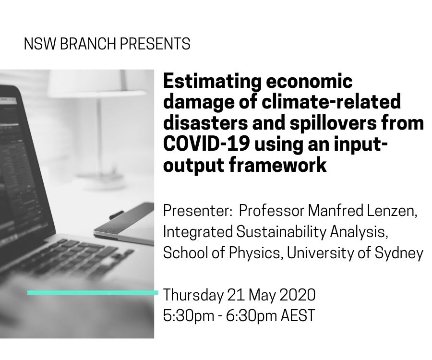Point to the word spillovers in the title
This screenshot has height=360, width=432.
333,124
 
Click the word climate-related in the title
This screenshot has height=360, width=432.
331,102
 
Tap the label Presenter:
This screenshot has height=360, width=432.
197,211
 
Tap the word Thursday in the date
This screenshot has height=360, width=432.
193,295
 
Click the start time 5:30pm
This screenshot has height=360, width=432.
189,316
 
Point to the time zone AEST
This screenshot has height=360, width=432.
298,315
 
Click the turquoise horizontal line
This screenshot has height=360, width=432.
93,292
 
